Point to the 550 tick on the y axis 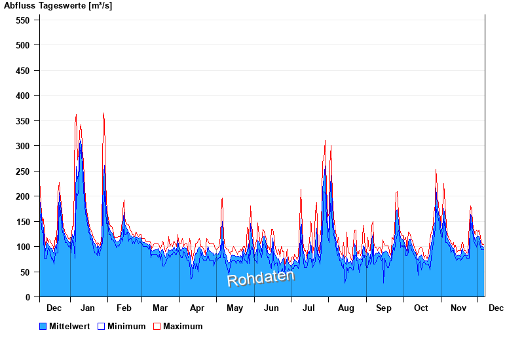(23, 20)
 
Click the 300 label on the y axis (23, 146)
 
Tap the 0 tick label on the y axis (28, 297)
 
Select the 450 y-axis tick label (23, 71)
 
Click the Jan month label (88, 308)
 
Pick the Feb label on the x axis (124, 308)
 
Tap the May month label (234, 308)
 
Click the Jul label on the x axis (309, 308)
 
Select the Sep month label (384, 308)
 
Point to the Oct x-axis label (421, 308)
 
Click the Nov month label (458, 308)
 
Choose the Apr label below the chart (197, 308)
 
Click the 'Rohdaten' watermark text (261, 278)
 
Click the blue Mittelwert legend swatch (43, 327)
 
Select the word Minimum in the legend (126, 327)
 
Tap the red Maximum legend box (157, 327)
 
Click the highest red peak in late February (124, 200)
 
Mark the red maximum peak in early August (331, 146)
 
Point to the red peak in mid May (222, 198)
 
